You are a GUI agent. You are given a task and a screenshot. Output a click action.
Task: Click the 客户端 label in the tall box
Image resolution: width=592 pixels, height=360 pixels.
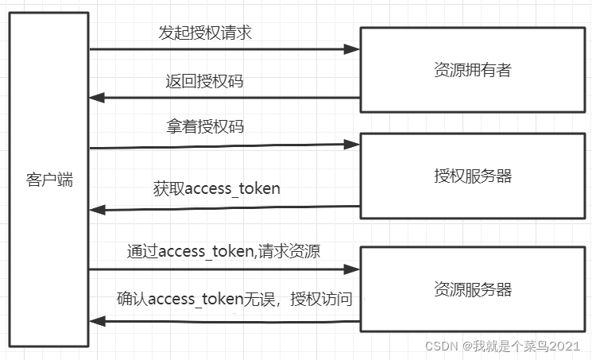(x=49, y=180)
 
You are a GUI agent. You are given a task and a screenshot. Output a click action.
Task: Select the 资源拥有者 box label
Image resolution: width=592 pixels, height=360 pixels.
(x=472, y=70)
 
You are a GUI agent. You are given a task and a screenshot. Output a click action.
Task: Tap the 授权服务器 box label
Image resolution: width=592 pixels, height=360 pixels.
(x=472, y=176)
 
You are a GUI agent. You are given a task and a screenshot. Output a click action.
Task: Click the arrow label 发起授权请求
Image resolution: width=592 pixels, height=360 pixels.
(x=206, y=33)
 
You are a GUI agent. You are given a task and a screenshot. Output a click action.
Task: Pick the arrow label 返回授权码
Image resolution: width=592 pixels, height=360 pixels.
(x=204, y=82)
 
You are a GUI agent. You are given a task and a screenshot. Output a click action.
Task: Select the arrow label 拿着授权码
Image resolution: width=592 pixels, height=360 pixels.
(x=204, y=127)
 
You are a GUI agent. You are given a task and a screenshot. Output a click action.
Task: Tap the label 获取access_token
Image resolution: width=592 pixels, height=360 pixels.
(x=216, y=189)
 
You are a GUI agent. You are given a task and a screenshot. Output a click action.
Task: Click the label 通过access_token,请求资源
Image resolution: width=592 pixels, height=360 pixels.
(x=223, y=251)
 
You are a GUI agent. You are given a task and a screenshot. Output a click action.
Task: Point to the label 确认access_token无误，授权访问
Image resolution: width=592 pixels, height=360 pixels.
(x=234, y=300)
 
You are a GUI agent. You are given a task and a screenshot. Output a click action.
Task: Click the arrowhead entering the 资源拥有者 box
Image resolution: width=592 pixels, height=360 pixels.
(x=353, y=49)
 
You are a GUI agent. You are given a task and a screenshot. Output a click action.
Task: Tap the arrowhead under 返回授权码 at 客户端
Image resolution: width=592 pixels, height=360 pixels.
(x=96, y=98)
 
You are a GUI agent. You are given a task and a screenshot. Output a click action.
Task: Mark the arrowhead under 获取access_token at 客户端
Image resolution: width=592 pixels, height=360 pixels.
(x=96, y=210)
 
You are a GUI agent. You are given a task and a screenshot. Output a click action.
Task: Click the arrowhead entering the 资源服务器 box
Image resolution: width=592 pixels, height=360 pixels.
(x=353, y=270)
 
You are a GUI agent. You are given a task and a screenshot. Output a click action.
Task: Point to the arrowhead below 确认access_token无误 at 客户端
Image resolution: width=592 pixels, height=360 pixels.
(x=96, y=321)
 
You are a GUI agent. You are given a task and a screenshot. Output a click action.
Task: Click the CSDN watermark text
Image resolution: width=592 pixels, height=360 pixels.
(x=439, y=346)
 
